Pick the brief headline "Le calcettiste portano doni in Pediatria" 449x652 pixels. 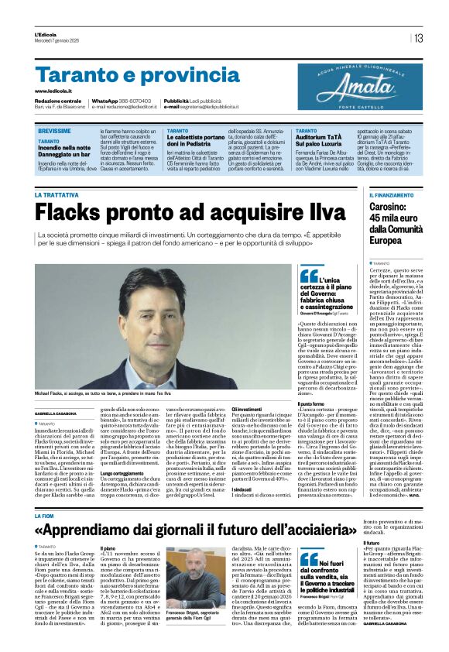click(200, 142)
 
